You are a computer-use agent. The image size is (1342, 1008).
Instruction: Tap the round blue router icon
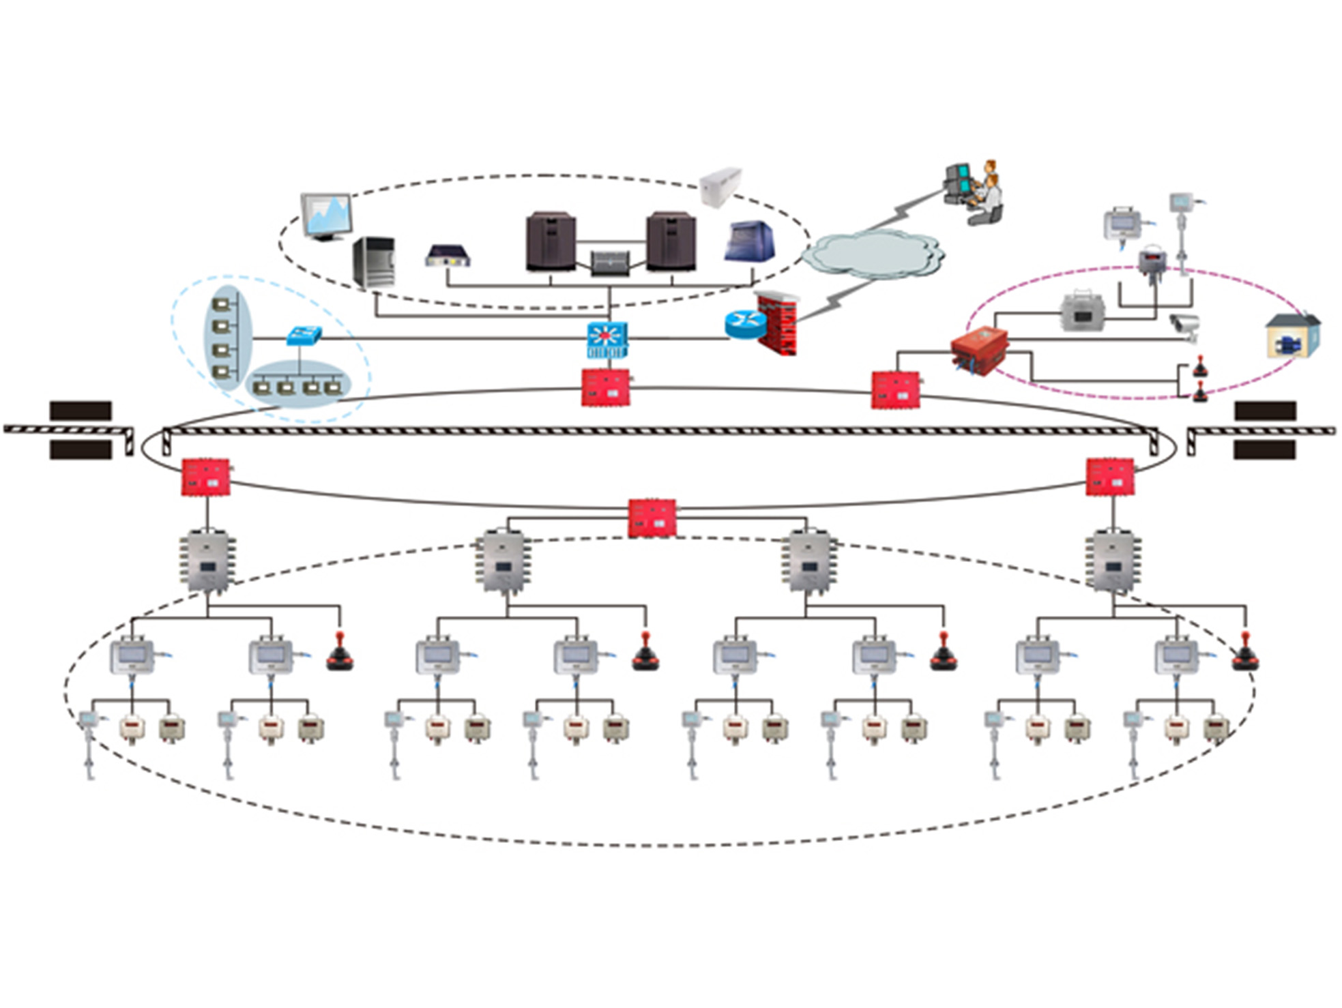(x=745, y=324)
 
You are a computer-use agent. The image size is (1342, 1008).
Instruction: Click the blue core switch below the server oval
(x=607, y=340)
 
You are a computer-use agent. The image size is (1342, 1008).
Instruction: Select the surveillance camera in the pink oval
(x=1185, y=326)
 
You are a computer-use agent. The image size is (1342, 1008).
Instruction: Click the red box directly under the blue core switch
(x=605, y=387)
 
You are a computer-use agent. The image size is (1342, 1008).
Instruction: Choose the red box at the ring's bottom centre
(x=652, y=518)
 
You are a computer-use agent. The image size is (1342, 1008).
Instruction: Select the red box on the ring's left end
(x=205, y=477)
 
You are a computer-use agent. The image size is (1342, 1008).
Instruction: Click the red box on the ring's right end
(x=1110, y=477)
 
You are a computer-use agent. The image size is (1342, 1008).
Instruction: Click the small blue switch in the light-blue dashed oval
(x=304, y=335)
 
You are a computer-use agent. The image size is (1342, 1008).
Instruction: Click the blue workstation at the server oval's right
(x=750, y=241)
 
